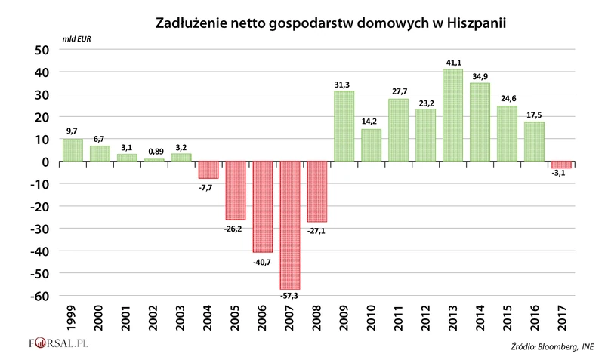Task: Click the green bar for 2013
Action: tap(452, 115)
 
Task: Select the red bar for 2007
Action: tap(290, 225)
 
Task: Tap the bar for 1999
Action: tap(73, 150)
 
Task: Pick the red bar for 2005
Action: tap(236, 190)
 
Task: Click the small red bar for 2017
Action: tap(561, 165)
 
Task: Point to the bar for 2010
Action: tap(371, 145)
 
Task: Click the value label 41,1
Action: tap(452, 63)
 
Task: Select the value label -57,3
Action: tap(290, 296)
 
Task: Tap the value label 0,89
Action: tap(153, 152)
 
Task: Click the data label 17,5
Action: tap(534, 115)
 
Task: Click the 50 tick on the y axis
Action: tap(42, 50)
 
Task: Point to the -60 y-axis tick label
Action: tap(39, 295)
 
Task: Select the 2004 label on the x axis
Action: tap(208, 320)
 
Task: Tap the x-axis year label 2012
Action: tap(426, 320)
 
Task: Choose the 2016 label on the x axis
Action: tap(535, 320)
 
